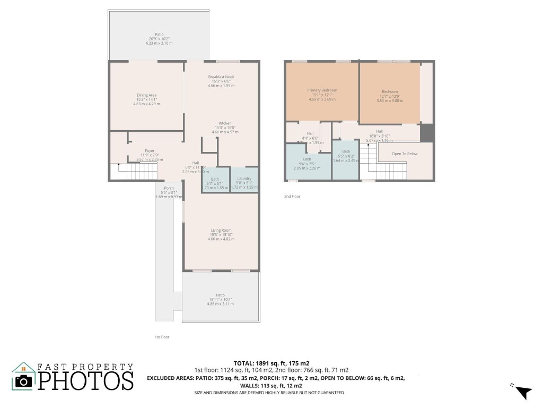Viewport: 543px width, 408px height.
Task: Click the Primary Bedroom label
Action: click(x=322, y=90)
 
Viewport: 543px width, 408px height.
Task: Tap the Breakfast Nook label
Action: click(x=221, y=77)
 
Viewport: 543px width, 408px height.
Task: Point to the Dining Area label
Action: click(x=146, y=95)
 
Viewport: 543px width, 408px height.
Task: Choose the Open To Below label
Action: click(x=405, y=154)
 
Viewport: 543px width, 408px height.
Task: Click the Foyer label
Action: click(x=150, y=151)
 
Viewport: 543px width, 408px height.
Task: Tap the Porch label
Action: click(x=169, y=189)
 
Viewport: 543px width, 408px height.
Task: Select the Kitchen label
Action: click(x=225, y=123)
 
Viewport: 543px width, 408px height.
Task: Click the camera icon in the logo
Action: click(x=23, y=380)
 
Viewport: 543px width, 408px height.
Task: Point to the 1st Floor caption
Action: click(x=162, y=337)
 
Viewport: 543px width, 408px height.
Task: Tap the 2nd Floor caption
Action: click(x=292, y=197)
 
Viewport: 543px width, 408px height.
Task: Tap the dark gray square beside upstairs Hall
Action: click(x=427, y=133)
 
